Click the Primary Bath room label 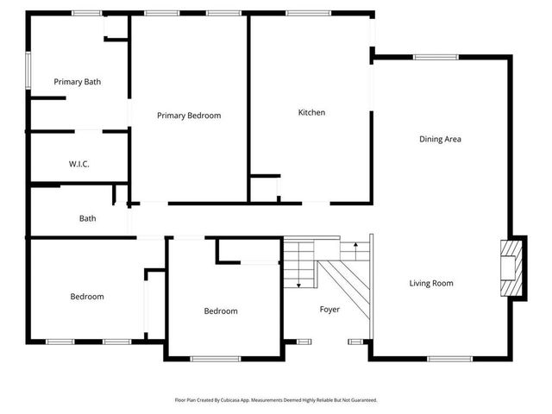click(x=78, y=82)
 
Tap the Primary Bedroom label click(x=189, y=116)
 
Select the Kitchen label click(x=311, y=113)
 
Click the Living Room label click(x=431, y=283)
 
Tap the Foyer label click(x=329, y=309)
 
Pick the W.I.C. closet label click(x=79, y=164)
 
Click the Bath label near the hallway click(x=87, y=218)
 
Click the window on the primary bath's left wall click(x=28, y=70)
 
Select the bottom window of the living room click(x=449, y=358)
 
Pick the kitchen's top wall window click(x=301, y=13)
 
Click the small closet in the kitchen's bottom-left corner click(x=265, y=189)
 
